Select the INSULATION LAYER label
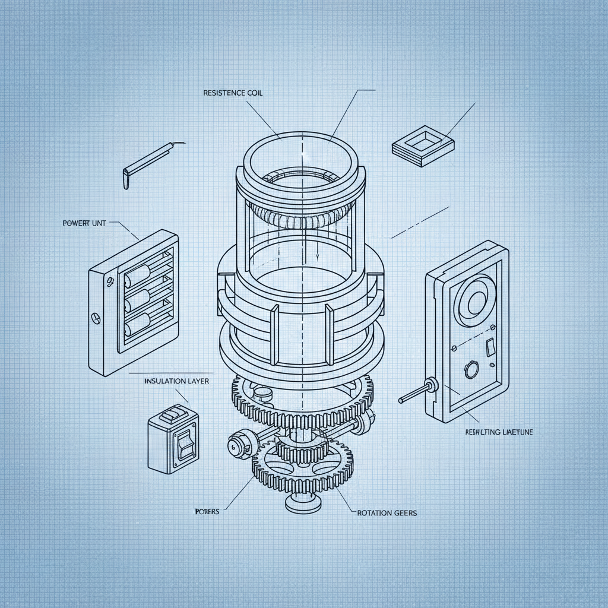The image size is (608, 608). (x=176, y=381)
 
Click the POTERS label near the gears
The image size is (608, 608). (x=207, y=511)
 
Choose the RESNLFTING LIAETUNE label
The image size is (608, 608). (x=499, y=433)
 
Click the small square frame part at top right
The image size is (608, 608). (x=423, y=144)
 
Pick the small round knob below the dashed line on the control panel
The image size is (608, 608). (x=471, y=369)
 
